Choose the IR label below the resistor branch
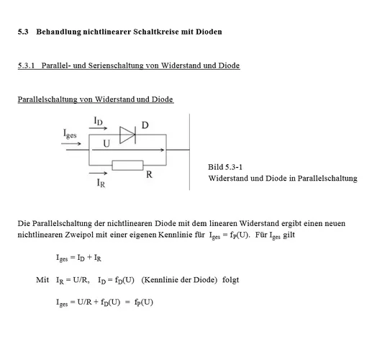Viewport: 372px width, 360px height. coord(101,184)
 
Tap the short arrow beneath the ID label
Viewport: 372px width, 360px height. coord(99,130)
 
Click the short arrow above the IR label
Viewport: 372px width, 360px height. coord(99,173)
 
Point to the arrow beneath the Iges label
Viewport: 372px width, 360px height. coord(72,143)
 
